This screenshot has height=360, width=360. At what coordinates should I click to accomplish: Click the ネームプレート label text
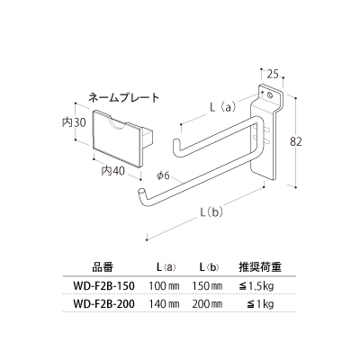[123, 98]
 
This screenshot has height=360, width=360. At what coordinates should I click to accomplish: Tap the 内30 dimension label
[74, 122]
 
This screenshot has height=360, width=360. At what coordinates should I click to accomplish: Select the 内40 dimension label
[112, 171]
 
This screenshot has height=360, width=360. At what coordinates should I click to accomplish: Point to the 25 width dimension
[273, 74]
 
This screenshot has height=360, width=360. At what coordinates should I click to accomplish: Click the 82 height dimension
[296, 141]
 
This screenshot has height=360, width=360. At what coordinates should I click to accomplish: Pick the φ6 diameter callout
[164, 175]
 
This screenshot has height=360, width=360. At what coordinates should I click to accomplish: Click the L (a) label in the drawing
[223, 107]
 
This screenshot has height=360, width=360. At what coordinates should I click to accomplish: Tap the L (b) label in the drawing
[211, 212]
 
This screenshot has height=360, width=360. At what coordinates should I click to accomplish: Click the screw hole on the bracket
[270, 95]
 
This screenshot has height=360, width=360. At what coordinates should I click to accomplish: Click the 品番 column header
[103, 266]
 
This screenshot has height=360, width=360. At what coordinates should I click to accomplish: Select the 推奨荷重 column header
[260, 266]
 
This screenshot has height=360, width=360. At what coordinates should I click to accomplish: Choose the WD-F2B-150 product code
[103, 286]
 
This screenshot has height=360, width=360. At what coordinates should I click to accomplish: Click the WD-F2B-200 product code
[103, 304]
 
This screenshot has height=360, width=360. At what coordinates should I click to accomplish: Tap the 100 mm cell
[164, 286]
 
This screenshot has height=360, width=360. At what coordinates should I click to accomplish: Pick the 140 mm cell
[164, 304]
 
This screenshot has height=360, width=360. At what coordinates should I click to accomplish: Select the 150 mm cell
[207, 286]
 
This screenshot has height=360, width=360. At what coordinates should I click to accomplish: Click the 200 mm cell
[207, 304]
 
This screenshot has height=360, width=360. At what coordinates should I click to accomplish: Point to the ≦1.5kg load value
[256, 286]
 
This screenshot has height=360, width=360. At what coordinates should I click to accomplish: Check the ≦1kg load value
[260, 305]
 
